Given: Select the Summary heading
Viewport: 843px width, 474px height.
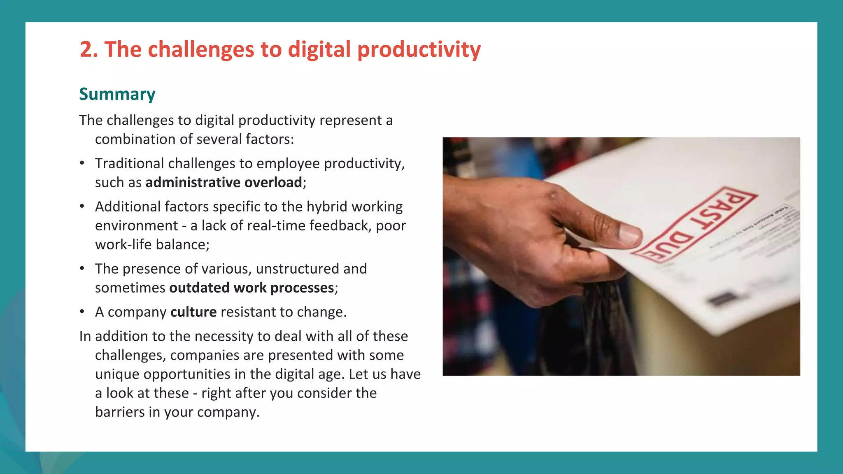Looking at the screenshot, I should click(x=117, y=94).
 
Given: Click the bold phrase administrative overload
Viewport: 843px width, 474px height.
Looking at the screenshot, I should click(x=224, y=182).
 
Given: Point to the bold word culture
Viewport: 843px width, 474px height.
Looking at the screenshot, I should click(x=193, y=312).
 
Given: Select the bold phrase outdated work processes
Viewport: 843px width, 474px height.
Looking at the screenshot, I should click(x=252, y=288).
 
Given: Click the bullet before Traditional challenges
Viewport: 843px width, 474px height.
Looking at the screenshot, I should click(x=82, y=163).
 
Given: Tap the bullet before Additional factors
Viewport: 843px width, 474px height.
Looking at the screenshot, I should click(x=82, y=207).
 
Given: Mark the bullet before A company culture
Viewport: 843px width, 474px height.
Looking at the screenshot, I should click(x=82, y=312).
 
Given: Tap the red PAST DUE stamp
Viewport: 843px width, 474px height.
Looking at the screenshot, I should click(x=696, y=224).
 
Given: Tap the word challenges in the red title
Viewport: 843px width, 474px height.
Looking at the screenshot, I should click(x=201, y=50).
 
